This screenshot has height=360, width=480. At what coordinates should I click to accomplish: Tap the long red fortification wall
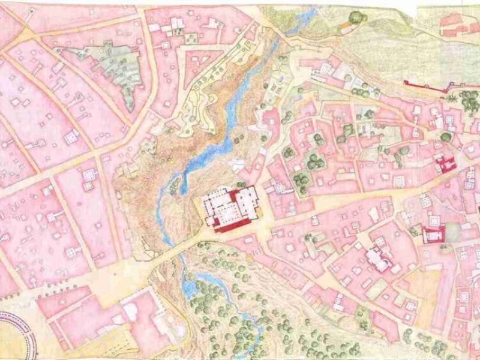pos(426,88)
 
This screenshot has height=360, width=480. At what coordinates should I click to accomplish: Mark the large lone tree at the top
pos(358,17)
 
